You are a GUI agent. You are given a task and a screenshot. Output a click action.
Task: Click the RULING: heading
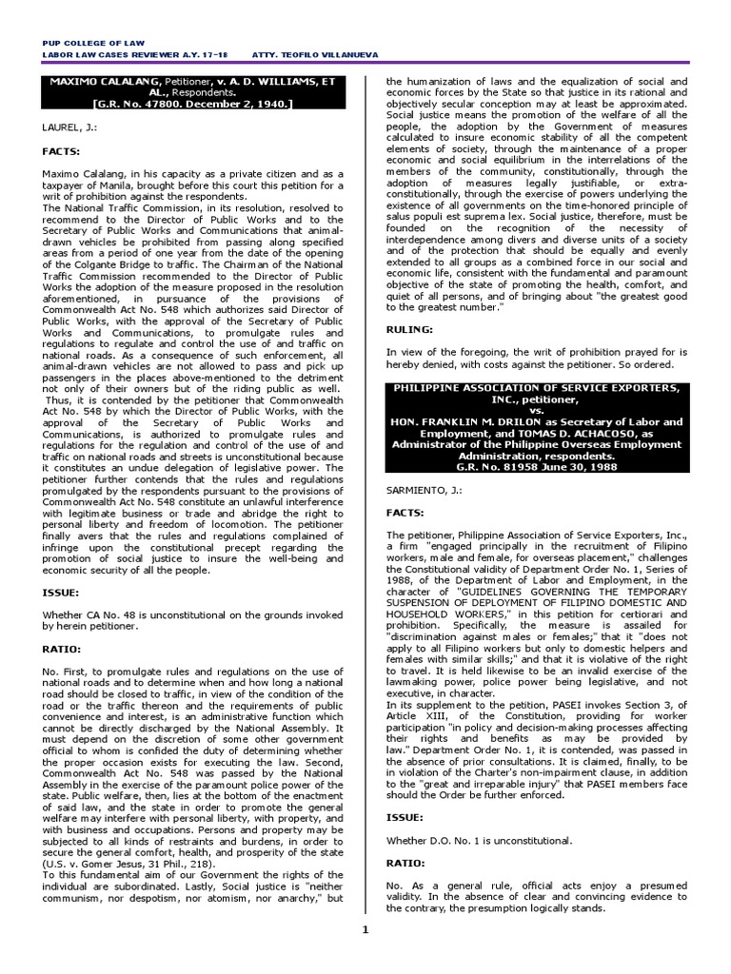click(x=408, y=328)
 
